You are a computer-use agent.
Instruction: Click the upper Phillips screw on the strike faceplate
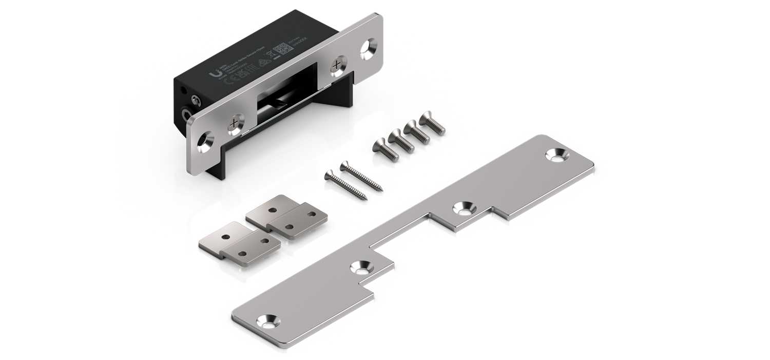(x=336, y=64)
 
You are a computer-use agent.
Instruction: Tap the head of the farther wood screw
(x=343, y=167)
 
